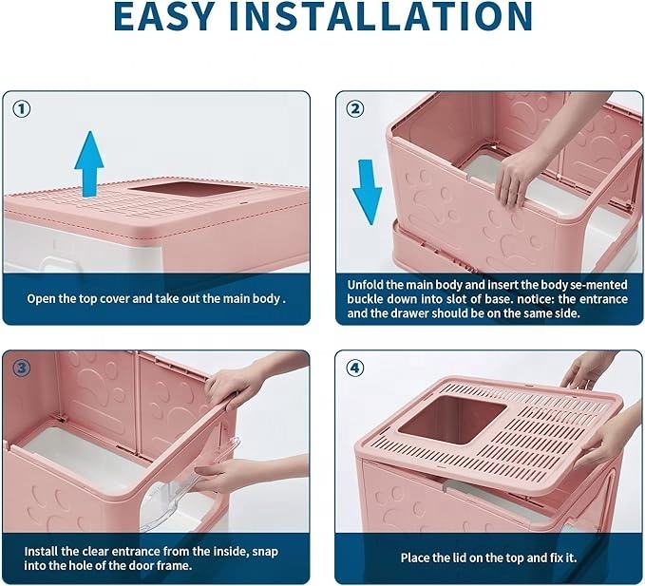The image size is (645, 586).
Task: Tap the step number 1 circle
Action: [22, 108]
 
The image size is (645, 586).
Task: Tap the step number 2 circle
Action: [354, 108]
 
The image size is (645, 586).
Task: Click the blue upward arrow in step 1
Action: [89, 161]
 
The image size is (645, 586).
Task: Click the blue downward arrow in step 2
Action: [367, 190]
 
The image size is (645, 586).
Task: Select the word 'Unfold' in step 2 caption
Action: [367, 284]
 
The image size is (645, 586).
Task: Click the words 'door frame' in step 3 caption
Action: [168, 565]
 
